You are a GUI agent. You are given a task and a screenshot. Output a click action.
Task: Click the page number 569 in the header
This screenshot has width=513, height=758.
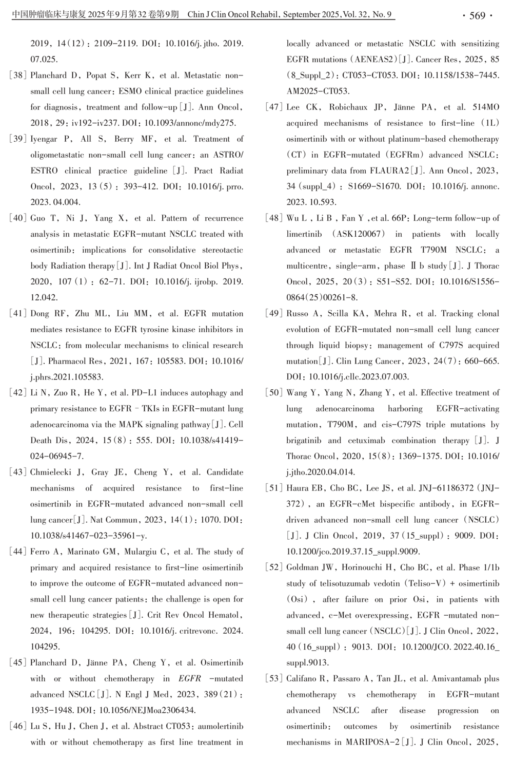[x=477, y=15]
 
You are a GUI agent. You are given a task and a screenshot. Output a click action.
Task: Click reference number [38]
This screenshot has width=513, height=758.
[x=18, y=75]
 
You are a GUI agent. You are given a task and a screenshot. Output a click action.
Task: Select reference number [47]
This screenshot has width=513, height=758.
[x=274, y=107]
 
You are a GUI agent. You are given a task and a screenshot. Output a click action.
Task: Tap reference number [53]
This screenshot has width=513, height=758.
[x=274, y=679]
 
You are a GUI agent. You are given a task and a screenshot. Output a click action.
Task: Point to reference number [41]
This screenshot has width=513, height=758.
[x=18, y=314]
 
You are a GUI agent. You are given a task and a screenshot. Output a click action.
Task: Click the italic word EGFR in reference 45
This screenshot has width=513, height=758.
[x=190, y=679]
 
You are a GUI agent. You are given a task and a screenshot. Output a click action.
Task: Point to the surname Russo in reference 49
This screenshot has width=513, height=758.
[x=298, y=314]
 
